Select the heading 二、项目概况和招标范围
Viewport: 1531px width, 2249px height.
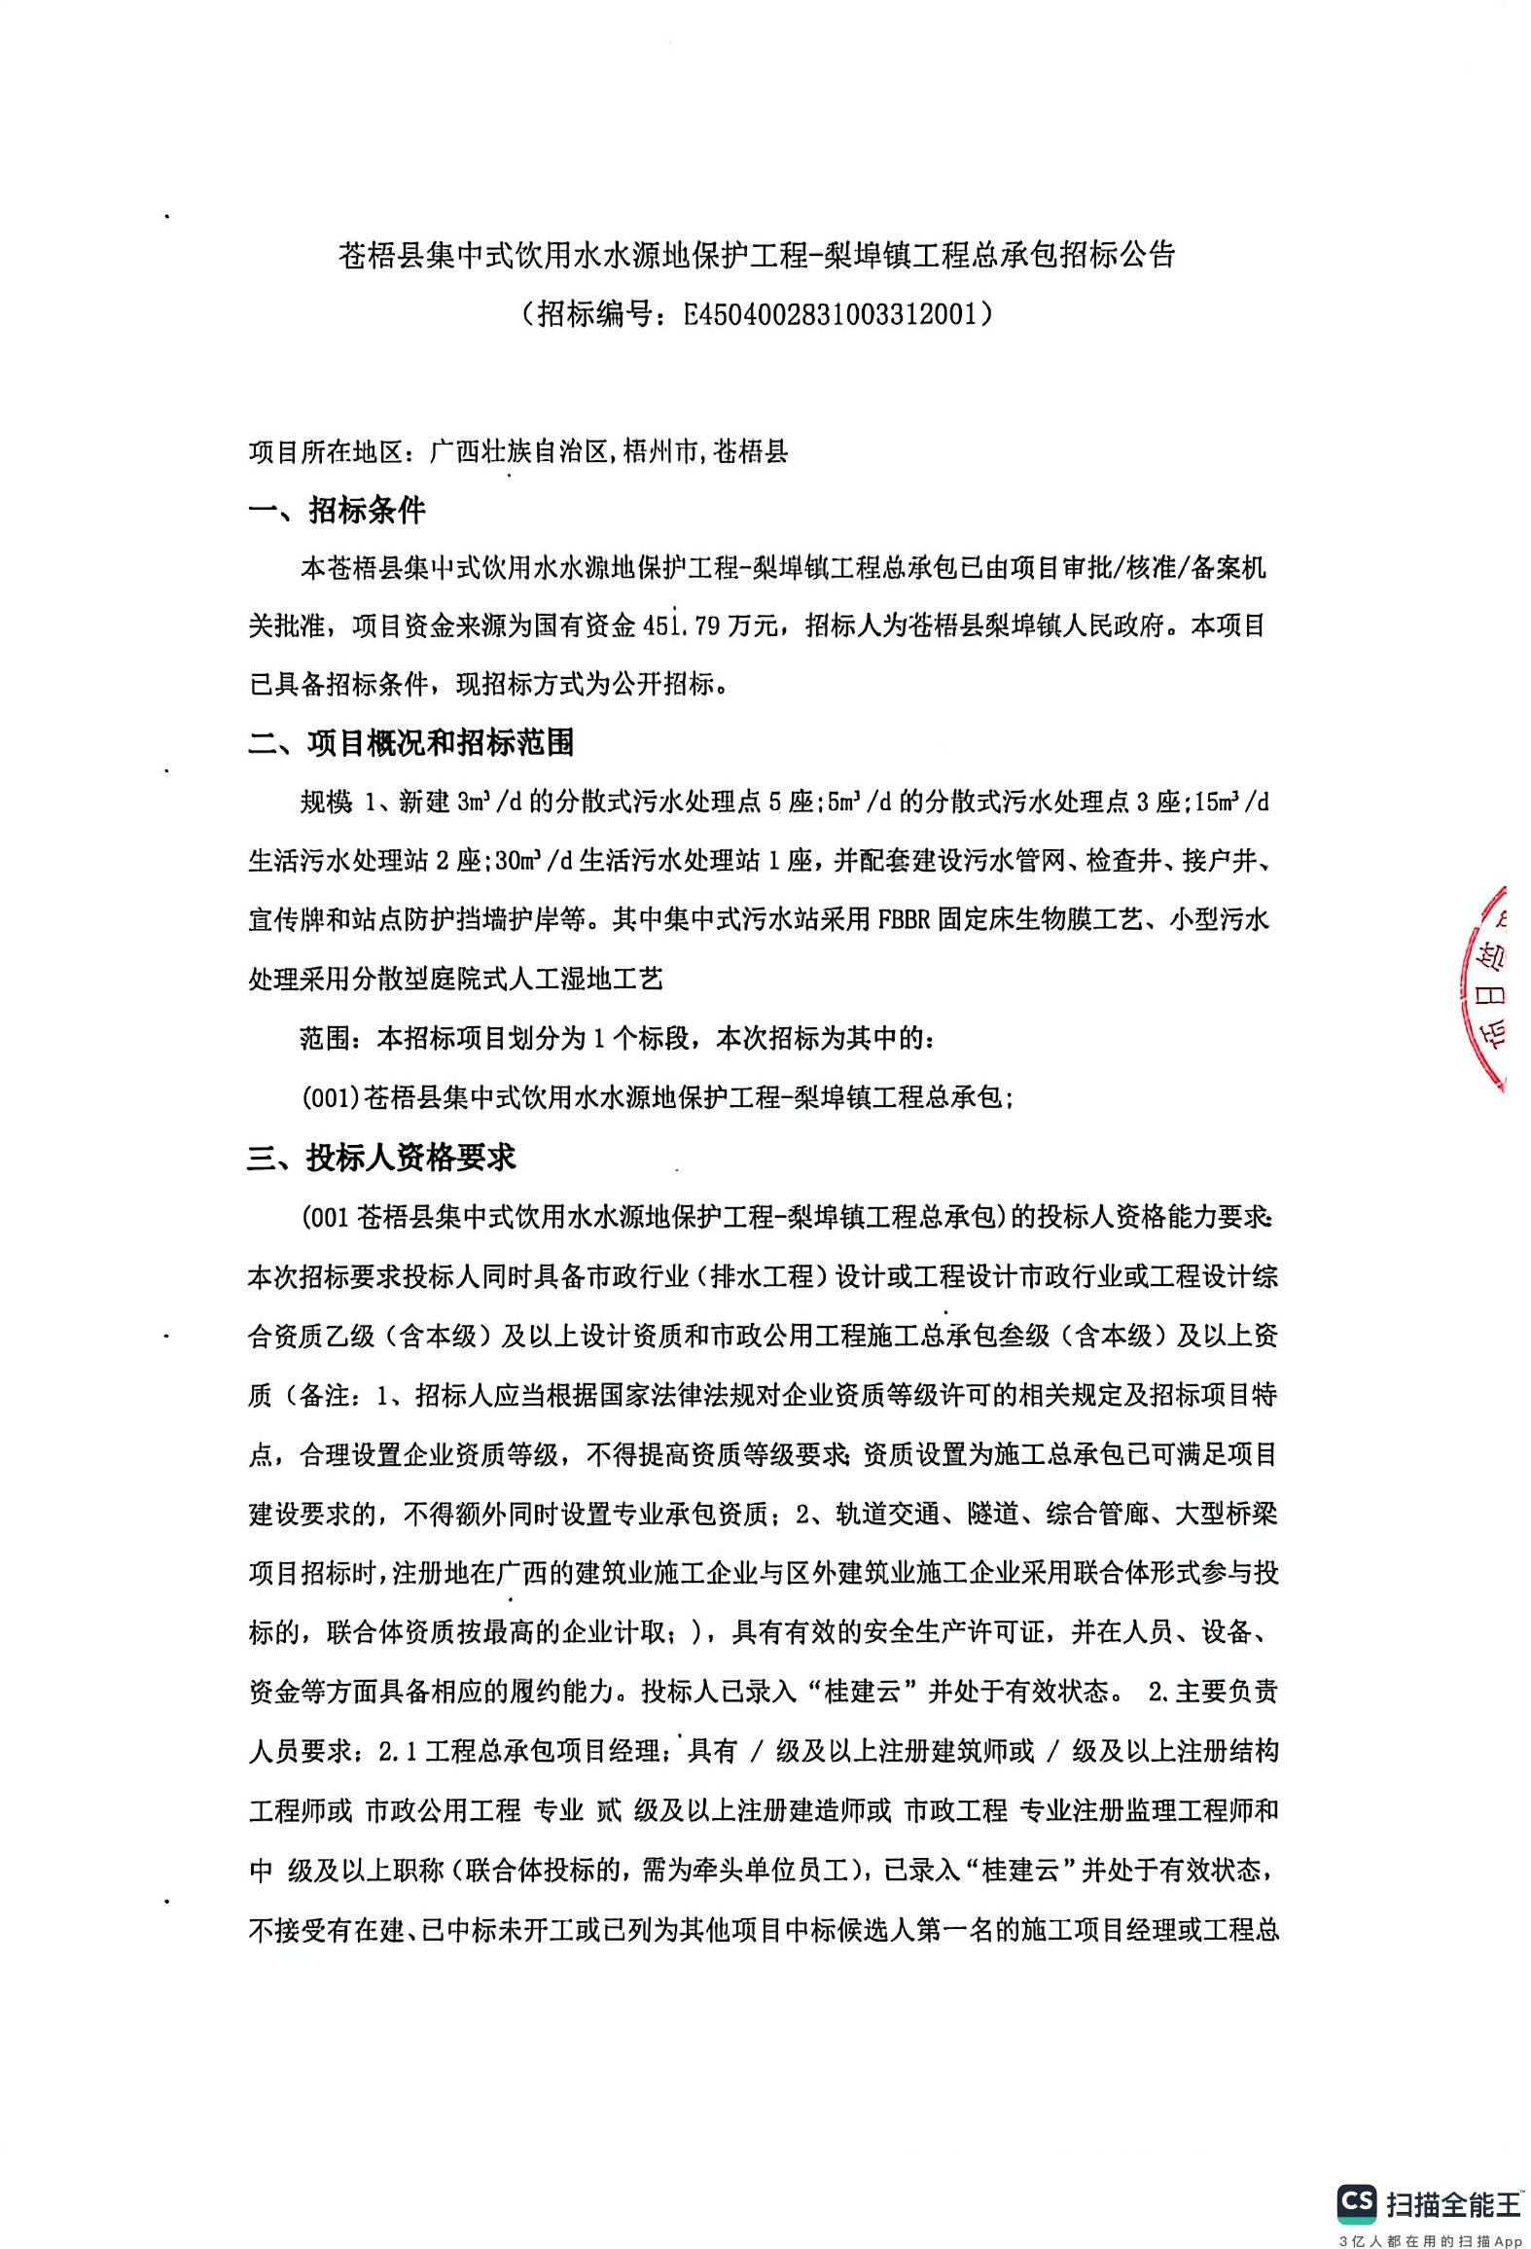(x=410, y=743)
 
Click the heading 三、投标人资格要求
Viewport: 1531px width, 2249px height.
(x=381, y=1158)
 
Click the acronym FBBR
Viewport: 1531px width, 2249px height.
(x=904, y=919)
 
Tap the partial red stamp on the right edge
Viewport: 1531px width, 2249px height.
(x=1486, y=987)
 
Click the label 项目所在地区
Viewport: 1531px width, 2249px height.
(x=325, y=452)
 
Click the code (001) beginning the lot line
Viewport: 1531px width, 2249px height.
(x=330, y=1098)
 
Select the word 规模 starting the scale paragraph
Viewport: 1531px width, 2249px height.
(x=325, y=803)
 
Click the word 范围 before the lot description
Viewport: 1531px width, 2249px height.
(x=325, y=1039)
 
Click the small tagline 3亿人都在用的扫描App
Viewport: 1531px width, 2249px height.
(x=1430, y=2234)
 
